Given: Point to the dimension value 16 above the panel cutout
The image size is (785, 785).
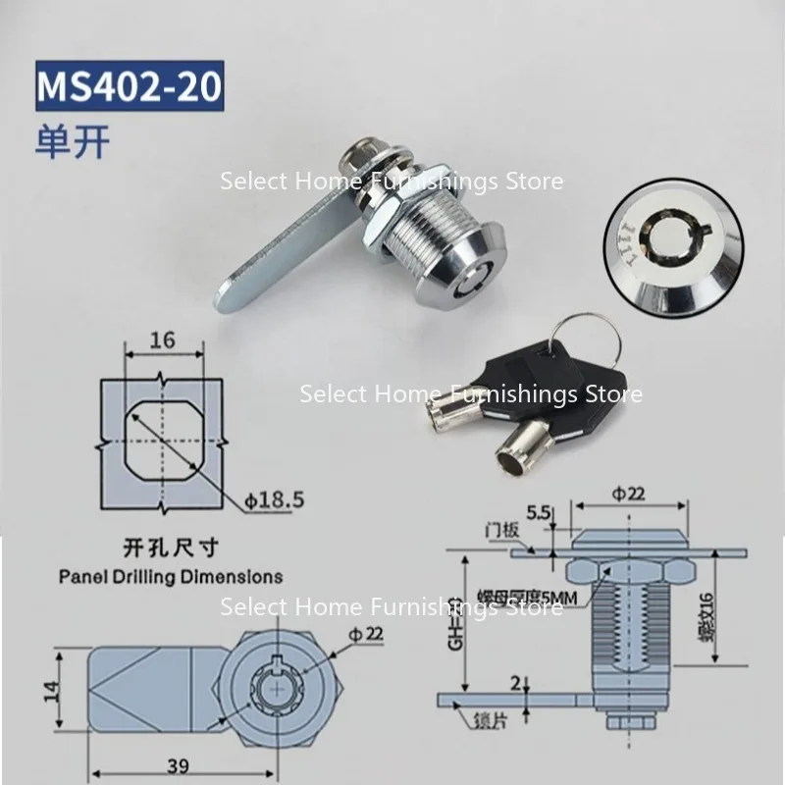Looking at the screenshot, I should click(x=164, y=341).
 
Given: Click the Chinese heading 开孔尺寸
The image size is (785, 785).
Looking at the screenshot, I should click(x=171, y=550).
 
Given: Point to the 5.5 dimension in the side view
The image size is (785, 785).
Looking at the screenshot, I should click(x=537, y=511).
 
